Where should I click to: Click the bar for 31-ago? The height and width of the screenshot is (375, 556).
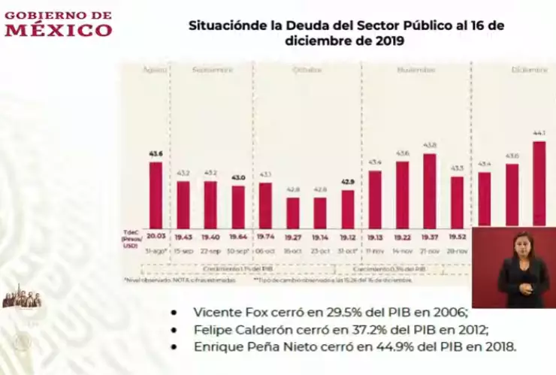click(156, 194)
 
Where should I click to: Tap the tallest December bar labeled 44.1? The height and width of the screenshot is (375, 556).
click(539, 183)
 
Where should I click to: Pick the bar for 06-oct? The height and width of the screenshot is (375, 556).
click(265, 204)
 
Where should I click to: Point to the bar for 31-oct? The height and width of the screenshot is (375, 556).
click(347, 208)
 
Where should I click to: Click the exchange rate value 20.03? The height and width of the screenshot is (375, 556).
click(156, 236)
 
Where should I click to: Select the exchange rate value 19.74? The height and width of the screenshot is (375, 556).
click(265, 236)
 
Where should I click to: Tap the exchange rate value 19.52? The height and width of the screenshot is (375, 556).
click(457, 236)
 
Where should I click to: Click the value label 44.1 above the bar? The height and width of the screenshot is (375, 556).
click(539, 133)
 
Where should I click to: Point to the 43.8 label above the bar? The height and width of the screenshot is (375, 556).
click(430, 145)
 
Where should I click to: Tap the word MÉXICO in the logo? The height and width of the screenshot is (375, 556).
click(58, 30)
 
